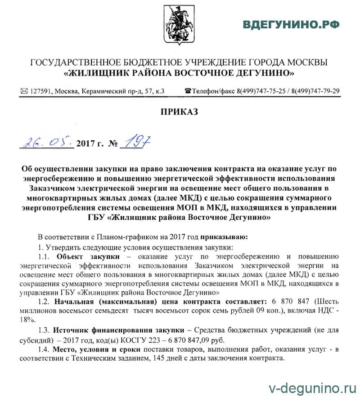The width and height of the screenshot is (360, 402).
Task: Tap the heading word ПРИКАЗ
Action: [x=180, y=112]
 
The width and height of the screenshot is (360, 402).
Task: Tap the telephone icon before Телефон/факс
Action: [x=188, y=91]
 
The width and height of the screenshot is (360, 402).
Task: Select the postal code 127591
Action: [x=40, y=91]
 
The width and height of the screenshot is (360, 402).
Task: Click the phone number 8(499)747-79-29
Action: [x=315, y=91]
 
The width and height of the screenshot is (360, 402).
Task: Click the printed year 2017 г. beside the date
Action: [x=90, y=144]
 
